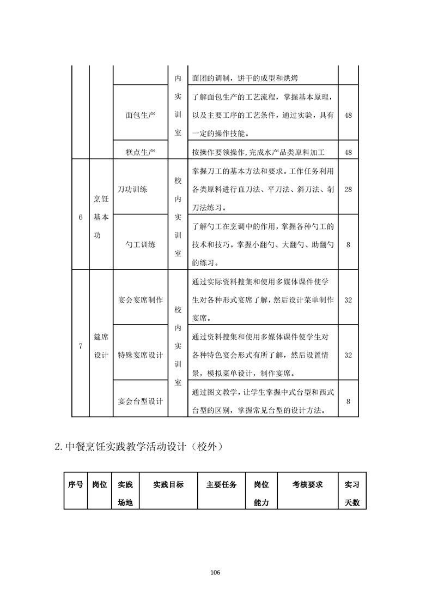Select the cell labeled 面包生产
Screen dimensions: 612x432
140,116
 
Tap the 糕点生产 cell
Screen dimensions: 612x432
140,152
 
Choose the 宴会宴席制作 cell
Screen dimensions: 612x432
140,300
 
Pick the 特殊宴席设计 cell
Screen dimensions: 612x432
140,355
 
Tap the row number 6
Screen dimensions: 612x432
80,217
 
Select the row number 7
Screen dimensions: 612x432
80,346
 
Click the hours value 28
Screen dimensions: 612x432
348,189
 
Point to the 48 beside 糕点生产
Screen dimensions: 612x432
348,152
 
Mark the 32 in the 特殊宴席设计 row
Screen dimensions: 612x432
348,355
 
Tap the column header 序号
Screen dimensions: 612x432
75,484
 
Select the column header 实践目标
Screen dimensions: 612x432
168,484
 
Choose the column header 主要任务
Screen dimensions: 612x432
221,484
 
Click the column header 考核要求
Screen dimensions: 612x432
307,484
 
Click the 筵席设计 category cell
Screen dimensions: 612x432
101,346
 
